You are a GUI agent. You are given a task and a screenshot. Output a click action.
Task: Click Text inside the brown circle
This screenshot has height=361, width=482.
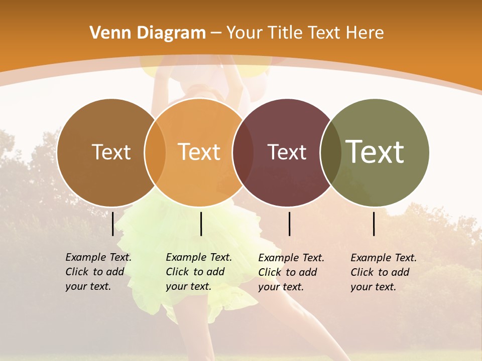point(111,152)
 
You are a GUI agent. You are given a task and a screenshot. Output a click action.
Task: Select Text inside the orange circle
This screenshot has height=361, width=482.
point(199,152)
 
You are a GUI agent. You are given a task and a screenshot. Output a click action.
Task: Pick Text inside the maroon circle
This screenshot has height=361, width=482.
point(287,152)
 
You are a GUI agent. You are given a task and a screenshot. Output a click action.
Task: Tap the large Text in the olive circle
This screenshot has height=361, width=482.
point(375,151)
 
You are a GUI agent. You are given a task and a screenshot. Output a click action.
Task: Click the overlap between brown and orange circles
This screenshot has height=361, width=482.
point(155,152)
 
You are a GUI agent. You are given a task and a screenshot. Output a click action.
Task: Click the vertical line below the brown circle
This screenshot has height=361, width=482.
point(112,224)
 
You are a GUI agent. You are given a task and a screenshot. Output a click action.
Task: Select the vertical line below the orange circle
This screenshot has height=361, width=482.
point(201,224)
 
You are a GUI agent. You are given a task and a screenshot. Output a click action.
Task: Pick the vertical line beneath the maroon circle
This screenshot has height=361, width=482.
point(289,224)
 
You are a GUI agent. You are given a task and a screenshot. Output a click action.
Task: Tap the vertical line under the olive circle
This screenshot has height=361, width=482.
point(374,224)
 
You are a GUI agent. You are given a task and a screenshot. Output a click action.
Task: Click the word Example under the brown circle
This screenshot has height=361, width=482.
point(86,257)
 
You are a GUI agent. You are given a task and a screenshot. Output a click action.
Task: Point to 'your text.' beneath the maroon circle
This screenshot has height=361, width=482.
point(281,287)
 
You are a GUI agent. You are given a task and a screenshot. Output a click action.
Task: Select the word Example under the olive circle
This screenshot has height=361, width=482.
point(371,258)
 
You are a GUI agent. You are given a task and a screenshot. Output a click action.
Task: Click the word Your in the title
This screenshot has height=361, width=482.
point(245,33)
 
